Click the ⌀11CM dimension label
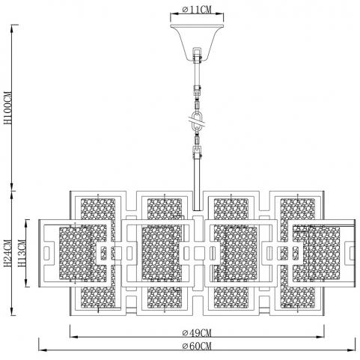[197, 10]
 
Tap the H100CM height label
[7, 108]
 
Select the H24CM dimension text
[7, 253]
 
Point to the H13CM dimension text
[22, 253]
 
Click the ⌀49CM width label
[197, 333]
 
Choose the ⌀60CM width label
[197, 346]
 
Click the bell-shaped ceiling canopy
[197, 43]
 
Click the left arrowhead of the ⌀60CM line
[43, 350]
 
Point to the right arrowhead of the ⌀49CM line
[320, 337]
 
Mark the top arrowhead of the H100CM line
[12, 28]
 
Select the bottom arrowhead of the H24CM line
[12, 311]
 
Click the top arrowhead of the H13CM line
[26, 224]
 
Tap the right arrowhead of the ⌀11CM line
[219, 13]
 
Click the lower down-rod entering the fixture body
[198, 183]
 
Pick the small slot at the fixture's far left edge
[47, 253]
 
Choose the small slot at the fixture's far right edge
[352, 253]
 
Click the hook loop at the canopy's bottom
[197, 55]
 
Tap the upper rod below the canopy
[197, 73]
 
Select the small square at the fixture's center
[199, 253]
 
